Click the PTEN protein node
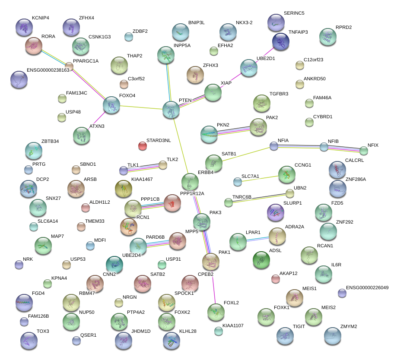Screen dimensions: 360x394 tap(171, 110)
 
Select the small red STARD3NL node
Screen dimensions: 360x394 tap(143, 146)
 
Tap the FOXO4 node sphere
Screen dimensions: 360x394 tap(111, 105)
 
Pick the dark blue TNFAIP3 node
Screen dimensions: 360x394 tap(281, 41)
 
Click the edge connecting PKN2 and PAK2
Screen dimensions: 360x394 tap(233, 131)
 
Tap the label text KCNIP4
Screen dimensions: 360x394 tap(41, 18)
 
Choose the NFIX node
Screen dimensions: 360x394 tap(364, 151)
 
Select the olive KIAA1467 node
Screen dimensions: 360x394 tap(124, 189)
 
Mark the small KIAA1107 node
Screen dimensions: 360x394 tap(219, 331)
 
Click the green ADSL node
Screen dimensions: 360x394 tap(261, 260)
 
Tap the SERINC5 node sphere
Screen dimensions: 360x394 tap(276, 23)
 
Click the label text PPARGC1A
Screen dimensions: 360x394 tap(86, 61)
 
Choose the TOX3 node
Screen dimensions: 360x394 tap(29, 341)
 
